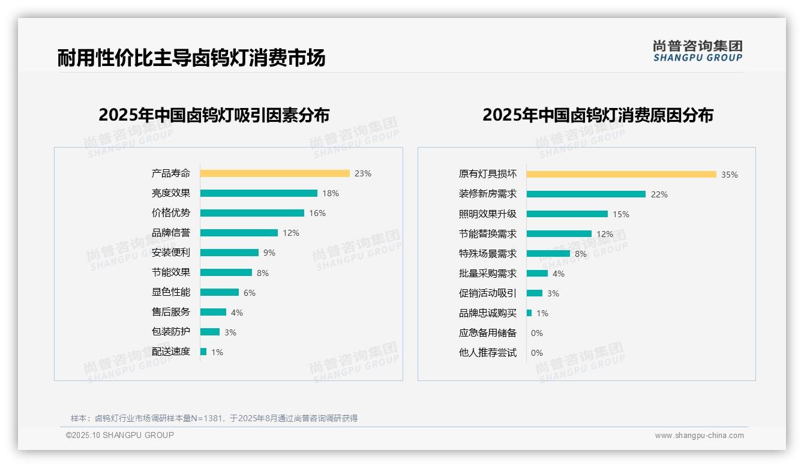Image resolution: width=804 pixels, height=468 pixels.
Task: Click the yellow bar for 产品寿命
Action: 275,173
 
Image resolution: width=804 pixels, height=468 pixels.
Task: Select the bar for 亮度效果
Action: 259,193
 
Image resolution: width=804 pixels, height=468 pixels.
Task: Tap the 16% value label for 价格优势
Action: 317,213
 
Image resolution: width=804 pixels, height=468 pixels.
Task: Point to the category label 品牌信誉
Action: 171,233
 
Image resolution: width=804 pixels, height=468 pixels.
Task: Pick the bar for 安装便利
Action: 229,253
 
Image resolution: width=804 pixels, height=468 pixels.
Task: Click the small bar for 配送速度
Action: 203,352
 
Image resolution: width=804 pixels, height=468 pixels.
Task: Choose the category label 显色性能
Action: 171,292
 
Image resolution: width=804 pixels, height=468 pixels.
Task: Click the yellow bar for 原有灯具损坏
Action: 621,175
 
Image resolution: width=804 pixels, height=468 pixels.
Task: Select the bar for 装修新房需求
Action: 586,194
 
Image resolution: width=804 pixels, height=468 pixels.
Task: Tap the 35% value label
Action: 730,175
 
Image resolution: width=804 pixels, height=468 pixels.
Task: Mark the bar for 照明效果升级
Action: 567,214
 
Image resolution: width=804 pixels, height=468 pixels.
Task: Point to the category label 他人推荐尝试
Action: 488,353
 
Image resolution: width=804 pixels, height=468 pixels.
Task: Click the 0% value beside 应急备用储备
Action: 537,333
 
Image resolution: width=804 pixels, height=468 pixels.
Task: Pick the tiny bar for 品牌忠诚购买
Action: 529,313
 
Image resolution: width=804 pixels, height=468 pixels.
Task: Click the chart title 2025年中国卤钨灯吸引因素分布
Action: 214,115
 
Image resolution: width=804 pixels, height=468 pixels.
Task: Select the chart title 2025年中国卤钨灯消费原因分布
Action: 598,115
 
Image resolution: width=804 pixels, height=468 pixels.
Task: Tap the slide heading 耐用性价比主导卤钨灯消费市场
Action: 191,58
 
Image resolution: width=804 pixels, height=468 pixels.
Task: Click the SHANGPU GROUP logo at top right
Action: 698,51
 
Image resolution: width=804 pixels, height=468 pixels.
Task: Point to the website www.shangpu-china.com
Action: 699,436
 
